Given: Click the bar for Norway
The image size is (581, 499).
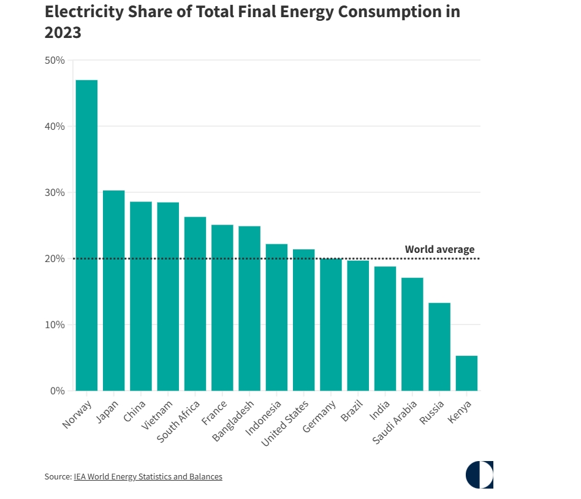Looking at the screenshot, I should tap(86, 235).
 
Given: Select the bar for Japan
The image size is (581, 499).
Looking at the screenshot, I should tap(113, 290).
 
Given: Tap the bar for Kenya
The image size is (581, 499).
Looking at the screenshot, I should tap(466, 373).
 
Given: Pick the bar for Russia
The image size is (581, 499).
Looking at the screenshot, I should tap(439, 347).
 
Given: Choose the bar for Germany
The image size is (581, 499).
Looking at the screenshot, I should tap(331, 325).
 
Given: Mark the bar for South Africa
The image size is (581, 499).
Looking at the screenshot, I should tap(195, 304).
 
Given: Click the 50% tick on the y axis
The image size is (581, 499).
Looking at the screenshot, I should tap(55, 60).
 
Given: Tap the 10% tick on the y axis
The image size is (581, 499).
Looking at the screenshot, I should tap(55, 325).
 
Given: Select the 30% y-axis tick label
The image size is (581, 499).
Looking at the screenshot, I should tap(55, 192).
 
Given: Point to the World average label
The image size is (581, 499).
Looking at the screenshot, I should tap(439, 249).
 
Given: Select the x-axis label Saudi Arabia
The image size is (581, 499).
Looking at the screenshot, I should tap(396, 422).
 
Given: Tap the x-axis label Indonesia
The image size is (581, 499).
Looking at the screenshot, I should tap(264, 418).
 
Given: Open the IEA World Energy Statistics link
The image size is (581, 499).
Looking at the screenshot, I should tap(148, 476).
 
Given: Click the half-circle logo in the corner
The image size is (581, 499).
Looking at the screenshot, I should tap(479, 475).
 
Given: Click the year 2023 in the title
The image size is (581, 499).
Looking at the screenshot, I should tap(63, 32).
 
